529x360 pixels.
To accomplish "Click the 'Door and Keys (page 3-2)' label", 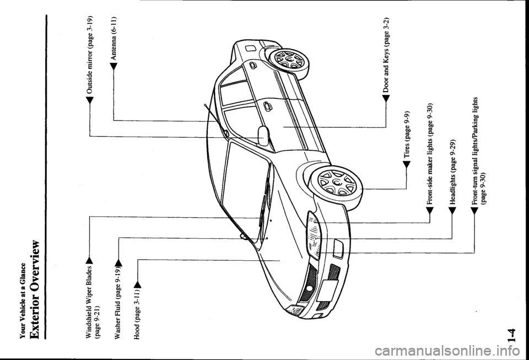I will pos(386,60).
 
